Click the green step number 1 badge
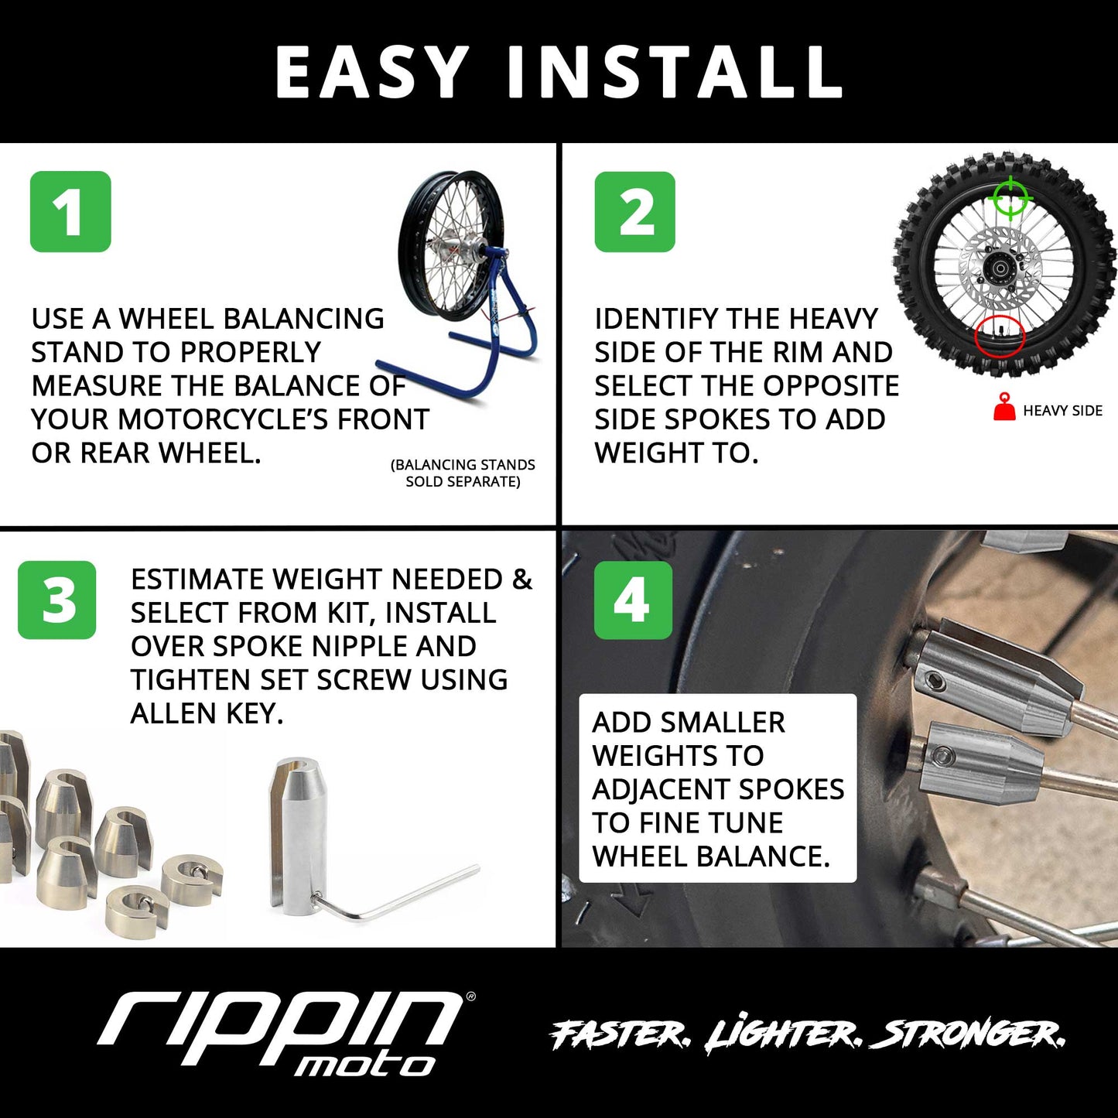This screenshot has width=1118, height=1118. click(70, 211)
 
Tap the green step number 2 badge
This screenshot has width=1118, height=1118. click(634, 211)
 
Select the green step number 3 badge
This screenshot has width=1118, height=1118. click(57, 600)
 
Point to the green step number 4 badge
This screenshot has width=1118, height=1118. click(633, 600)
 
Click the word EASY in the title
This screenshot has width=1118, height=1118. click(372, 72)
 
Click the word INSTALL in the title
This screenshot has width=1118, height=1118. click(675, 72)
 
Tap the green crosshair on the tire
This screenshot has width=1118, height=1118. click(1010, 197)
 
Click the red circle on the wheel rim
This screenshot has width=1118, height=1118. click(999, 337)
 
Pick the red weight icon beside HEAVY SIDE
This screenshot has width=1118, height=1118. click(1003, 408)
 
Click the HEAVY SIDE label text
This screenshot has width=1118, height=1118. click(1062, 411)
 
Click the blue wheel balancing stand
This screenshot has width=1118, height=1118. click(495, 325)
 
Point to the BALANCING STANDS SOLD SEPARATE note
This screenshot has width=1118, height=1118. click(463, 473)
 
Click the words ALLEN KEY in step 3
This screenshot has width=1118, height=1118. click(207, 713)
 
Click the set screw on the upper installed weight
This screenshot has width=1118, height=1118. click(935, 681)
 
